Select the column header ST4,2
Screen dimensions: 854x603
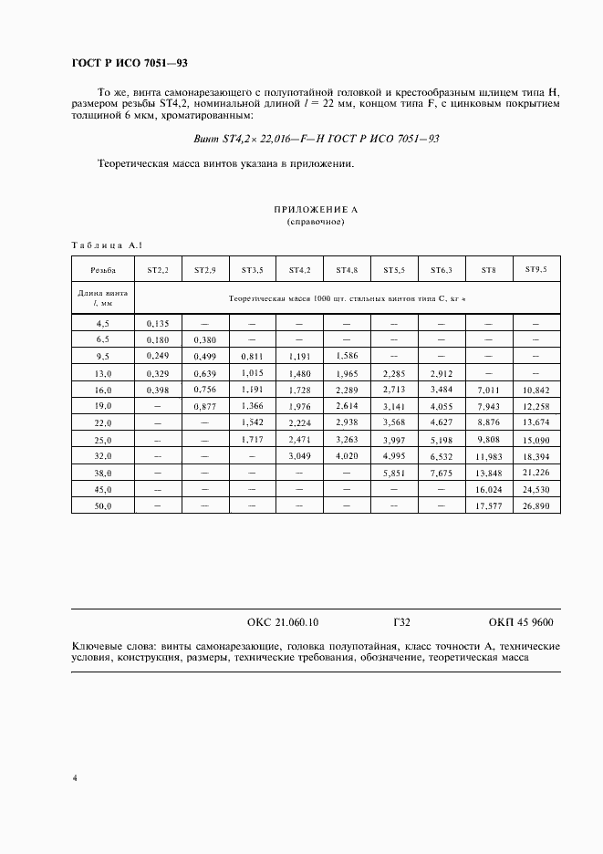[x=300, y=270]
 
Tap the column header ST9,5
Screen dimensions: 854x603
[x=535, y=269]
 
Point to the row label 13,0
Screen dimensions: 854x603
[x=103, y=373]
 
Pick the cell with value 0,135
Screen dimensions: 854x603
[x=158, y=323]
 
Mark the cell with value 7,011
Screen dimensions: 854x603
[x=489, y=390]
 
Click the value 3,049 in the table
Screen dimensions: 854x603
[x=300, y=455]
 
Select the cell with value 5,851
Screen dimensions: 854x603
[x=394, y=473]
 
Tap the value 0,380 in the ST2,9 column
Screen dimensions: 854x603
[x=204, y=339]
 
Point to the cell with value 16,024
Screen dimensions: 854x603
[x=489, y=489]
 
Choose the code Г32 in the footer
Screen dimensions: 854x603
[x=401, y=622]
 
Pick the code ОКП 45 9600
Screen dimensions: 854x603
[x=521, y=622]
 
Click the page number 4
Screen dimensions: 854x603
[x=74, y=777]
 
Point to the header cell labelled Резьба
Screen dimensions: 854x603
[x=103, y=270]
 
